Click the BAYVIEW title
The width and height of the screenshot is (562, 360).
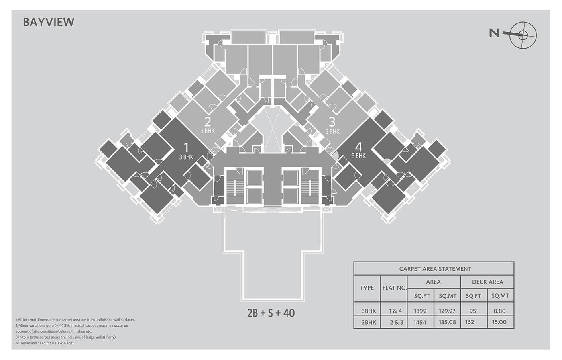[49, 22]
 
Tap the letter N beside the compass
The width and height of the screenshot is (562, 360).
[494, 33]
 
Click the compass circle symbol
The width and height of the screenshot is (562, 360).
[523, 35]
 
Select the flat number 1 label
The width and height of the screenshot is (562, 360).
[186, 147]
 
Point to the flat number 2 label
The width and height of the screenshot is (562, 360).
[208, 122]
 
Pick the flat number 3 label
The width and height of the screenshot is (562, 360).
[332, 122]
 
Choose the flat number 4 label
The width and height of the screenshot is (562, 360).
[359, 147]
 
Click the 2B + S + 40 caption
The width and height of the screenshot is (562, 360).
[271, 313]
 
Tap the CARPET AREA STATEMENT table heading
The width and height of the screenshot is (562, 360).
[435, 269]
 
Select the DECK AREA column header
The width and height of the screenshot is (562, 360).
[487, 282]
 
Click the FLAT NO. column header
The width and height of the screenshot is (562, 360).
[394, 288]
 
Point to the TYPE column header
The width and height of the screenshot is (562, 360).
[367, 288]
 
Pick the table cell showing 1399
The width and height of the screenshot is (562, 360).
[420, 311]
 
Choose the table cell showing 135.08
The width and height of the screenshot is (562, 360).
[447, 322]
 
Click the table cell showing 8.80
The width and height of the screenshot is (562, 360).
[499, 311]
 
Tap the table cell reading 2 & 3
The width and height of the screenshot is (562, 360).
[397, 322]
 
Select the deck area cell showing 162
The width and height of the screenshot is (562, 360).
[470, 322]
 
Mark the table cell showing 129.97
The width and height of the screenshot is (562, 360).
[447, 311]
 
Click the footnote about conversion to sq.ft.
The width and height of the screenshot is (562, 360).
[45, 343]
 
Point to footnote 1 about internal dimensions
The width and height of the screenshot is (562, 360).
[75, 320]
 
